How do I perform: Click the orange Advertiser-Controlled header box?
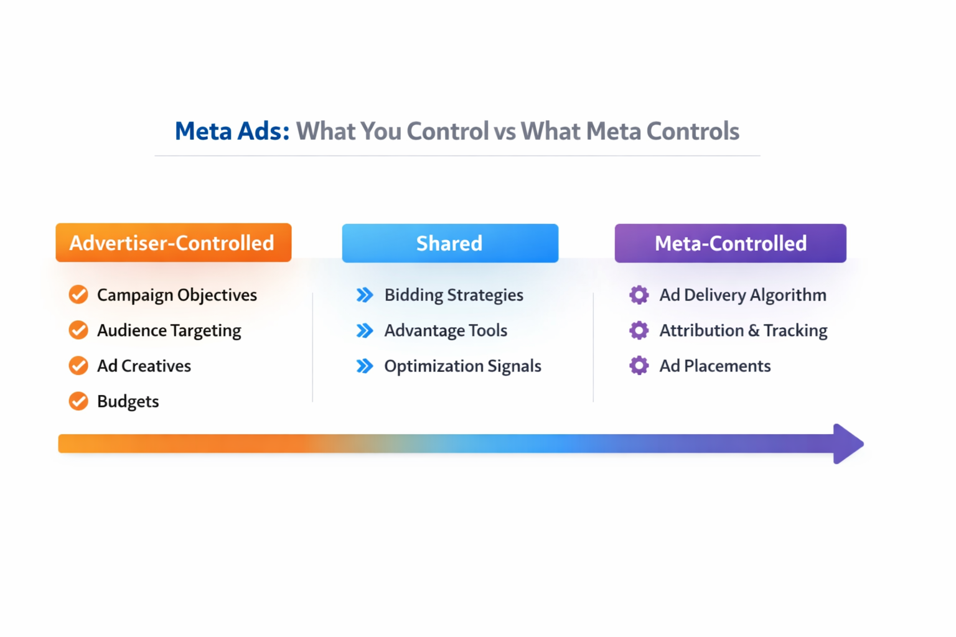pyautogui.click(x=173, y=243)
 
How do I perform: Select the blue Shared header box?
pyautogui.click(x=449, y=243)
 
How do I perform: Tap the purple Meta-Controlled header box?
pyautogui.click(x=730, y=243)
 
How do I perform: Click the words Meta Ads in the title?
pyautogui.click(x=232, y=131)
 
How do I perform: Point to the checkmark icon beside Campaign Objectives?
pyautogui.click(x=78, y=295)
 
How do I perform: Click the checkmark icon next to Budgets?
pyautogui.click(x=78, y=401)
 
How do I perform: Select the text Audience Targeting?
pyautogui.click(x=169, y=330)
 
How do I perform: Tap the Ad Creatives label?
pyautogui.click(x=144, y=366)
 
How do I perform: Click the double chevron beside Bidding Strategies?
pyautogui.click(x=365, y=295)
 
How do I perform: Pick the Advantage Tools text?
pyautogui.click(x=446, y=330)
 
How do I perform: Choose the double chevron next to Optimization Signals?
pyautogui.click(x=365, y=366)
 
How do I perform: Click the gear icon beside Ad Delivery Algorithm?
pyautogui.click(x=639, y=295)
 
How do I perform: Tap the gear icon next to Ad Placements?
pyautogui.click(x=639, y=366)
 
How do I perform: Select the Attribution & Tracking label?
pyautogui.click(x=743, y=330)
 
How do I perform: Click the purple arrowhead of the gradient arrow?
pyautogui.click(x=847, y=444)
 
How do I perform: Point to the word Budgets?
pyautogui.click(x=128, y=401)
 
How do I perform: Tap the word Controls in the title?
pyautogui.click(x=693, y=131)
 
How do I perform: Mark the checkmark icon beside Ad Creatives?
pyautogui.click(x=78, y=366)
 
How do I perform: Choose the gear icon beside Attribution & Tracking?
pyautogui.click(x=639, y=330)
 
